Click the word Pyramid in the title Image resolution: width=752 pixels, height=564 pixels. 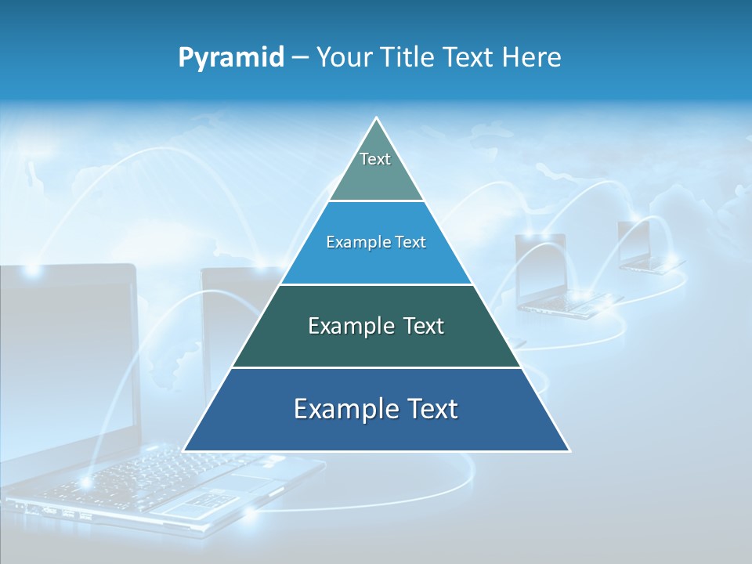click(x=231, y=57)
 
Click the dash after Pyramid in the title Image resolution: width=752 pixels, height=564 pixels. click(x=300, y=58)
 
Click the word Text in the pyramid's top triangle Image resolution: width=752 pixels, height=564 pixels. click(x=375, y=159)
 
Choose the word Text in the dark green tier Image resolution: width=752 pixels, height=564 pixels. click(x=424, y=326)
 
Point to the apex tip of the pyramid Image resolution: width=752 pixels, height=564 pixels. click(x=377, y=119)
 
